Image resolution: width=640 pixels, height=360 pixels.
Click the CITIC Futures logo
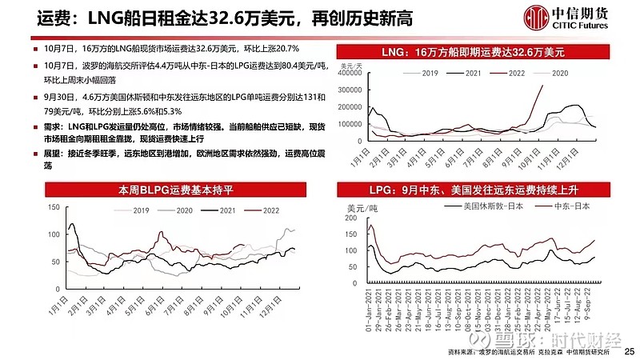pyautogui.click(x=566, y=18)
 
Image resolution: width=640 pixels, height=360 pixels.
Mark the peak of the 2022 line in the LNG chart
pyautogui.click(x=543, y=86)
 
